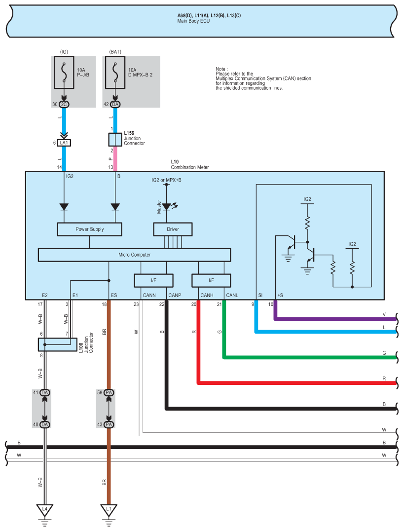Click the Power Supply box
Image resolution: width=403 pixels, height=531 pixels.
(x=89, y=229)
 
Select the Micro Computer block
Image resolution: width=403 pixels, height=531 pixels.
(x=134, y=255)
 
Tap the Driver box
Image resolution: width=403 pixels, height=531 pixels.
(x=173, y=229)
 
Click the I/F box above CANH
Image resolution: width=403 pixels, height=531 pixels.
(x=211, y=280)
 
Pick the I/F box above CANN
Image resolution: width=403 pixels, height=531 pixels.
(x=153, y=280)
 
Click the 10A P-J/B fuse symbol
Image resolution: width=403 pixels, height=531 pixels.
(x=64, y=72)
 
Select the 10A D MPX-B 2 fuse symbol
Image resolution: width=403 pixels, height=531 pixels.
(x=115, y=72)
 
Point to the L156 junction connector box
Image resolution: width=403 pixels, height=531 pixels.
(x=115, y=140)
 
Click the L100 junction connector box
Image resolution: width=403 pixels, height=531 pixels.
(x=58, y=344)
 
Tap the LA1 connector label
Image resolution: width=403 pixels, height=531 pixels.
(x=64, y=143)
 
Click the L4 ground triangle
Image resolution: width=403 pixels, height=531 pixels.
(x=45, y=510)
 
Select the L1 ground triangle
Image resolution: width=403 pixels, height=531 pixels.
(x=109, y=510)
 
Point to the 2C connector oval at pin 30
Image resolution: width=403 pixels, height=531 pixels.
(x=64, y=104)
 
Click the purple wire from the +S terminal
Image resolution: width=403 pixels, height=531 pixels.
(x=335, y=319)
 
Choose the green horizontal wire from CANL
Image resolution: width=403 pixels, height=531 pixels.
(x=310, y=357)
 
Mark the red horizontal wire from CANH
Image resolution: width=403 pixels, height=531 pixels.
(x=297, y=383)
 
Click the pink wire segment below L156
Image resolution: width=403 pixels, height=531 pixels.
(x=115, y=159)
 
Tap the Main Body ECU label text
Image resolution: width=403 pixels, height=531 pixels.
(x=193, y=21)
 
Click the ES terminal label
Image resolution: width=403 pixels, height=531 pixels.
(x=114, y=295)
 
